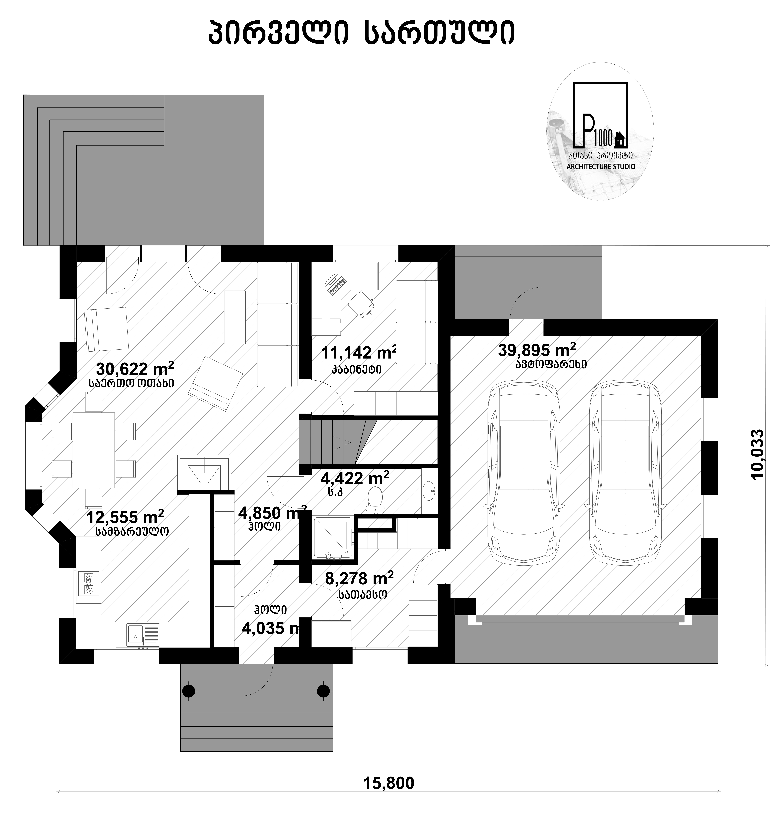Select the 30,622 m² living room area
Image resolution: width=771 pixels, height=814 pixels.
135,369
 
